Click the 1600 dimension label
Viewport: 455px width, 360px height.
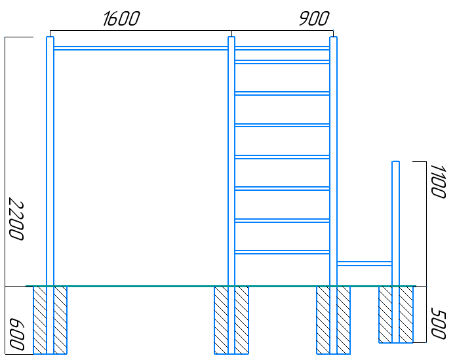[x=121, y=19]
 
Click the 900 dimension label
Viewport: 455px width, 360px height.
[x=314, y=19]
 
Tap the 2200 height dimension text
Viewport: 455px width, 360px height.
[x=16, y=219]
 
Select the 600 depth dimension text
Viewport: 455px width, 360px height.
[x=16, y=334]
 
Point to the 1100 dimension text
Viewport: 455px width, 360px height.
[x=438, y=182]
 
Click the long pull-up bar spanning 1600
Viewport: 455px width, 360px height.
[x=141, y=48]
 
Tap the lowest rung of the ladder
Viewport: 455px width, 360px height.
[x=282, y=252]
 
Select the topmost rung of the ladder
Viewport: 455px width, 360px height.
[x=282, y=48]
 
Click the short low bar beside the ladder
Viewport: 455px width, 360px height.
[x=365, y=264]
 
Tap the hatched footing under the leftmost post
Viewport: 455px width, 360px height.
[x=50, y=320]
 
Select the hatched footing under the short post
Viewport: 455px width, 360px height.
[x=396, y=315]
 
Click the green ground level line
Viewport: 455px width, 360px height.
[x=221, y=287]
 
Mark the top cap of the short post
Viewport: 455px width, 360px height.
[x=395, y=161]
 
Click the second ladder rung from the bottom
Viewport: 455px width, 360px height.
[x=282, y=220]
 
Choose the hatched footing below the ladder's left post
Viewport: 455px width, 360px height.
[x=231, y=320]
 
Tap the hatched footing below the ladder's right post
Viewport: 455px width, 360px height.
[x=333, y=320]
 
